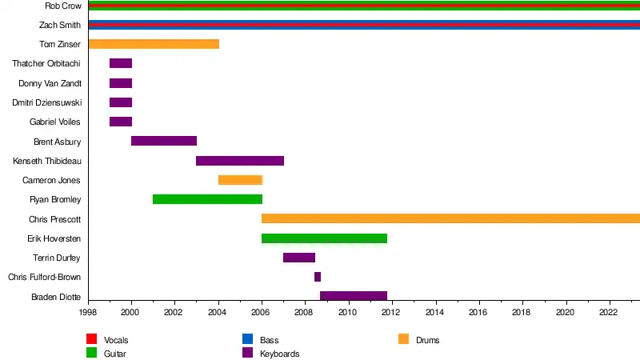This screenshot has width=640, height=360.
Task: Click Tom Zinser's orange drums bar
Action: coord(154,44)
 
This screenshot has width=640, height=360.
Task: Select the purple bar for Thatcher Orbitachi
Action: coord(121,63)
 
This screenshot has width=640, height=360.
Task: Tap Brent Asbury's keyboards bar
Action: coord(164,141)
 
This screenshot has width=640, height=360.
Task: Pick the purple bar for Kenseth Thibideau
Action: coord(240,161)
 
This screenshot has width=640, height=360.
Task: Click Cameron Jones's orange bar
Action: coord(240,180)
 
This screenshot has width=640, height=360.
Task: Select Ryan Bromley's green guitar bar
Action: coord(207,199)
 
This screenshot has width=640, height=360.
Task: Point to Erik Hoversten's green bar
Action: coord(324,238)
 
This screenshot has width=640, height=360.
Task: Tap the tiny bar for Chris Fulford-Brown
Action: coord(318,277)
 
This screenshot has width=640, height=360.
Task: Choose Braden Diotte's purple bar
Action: coord(354,296)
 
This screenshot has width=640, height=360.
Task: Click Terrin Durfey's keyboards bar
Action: coord(299,258)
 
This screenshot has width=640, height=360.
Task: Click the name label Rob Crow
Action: coord(62,6)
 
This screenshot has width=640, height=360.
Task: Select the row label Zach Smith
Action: coord(60,25)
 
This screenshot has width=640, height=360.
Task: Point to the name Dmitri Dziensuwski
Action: coord(46,102)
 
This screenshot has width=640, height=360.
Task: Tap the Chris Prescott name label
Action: coord(54,219)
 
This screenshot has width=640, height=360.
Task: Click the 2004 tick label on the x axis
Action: coord(218,313)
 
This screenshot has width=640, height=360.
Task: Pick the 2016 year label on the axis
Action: coord(478,313)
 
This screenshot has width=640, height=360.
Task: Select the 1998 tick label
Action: coord(88,313)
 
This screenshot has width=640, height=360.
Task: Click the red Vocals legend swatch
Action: coord(91,340)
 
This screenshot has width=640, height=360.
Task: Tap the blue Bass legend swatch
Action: coord(247,340)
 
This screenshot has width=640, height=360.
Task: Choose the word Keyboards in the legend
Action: coord(279,353)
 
